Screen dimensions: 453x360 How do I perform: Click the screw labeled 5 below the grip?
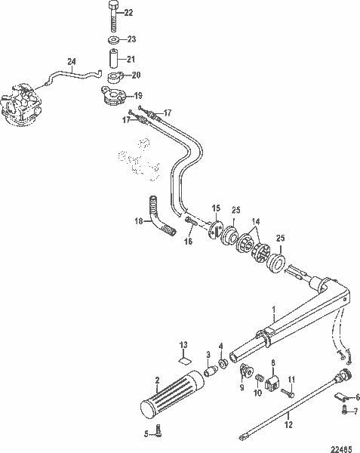pos(156,430)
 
